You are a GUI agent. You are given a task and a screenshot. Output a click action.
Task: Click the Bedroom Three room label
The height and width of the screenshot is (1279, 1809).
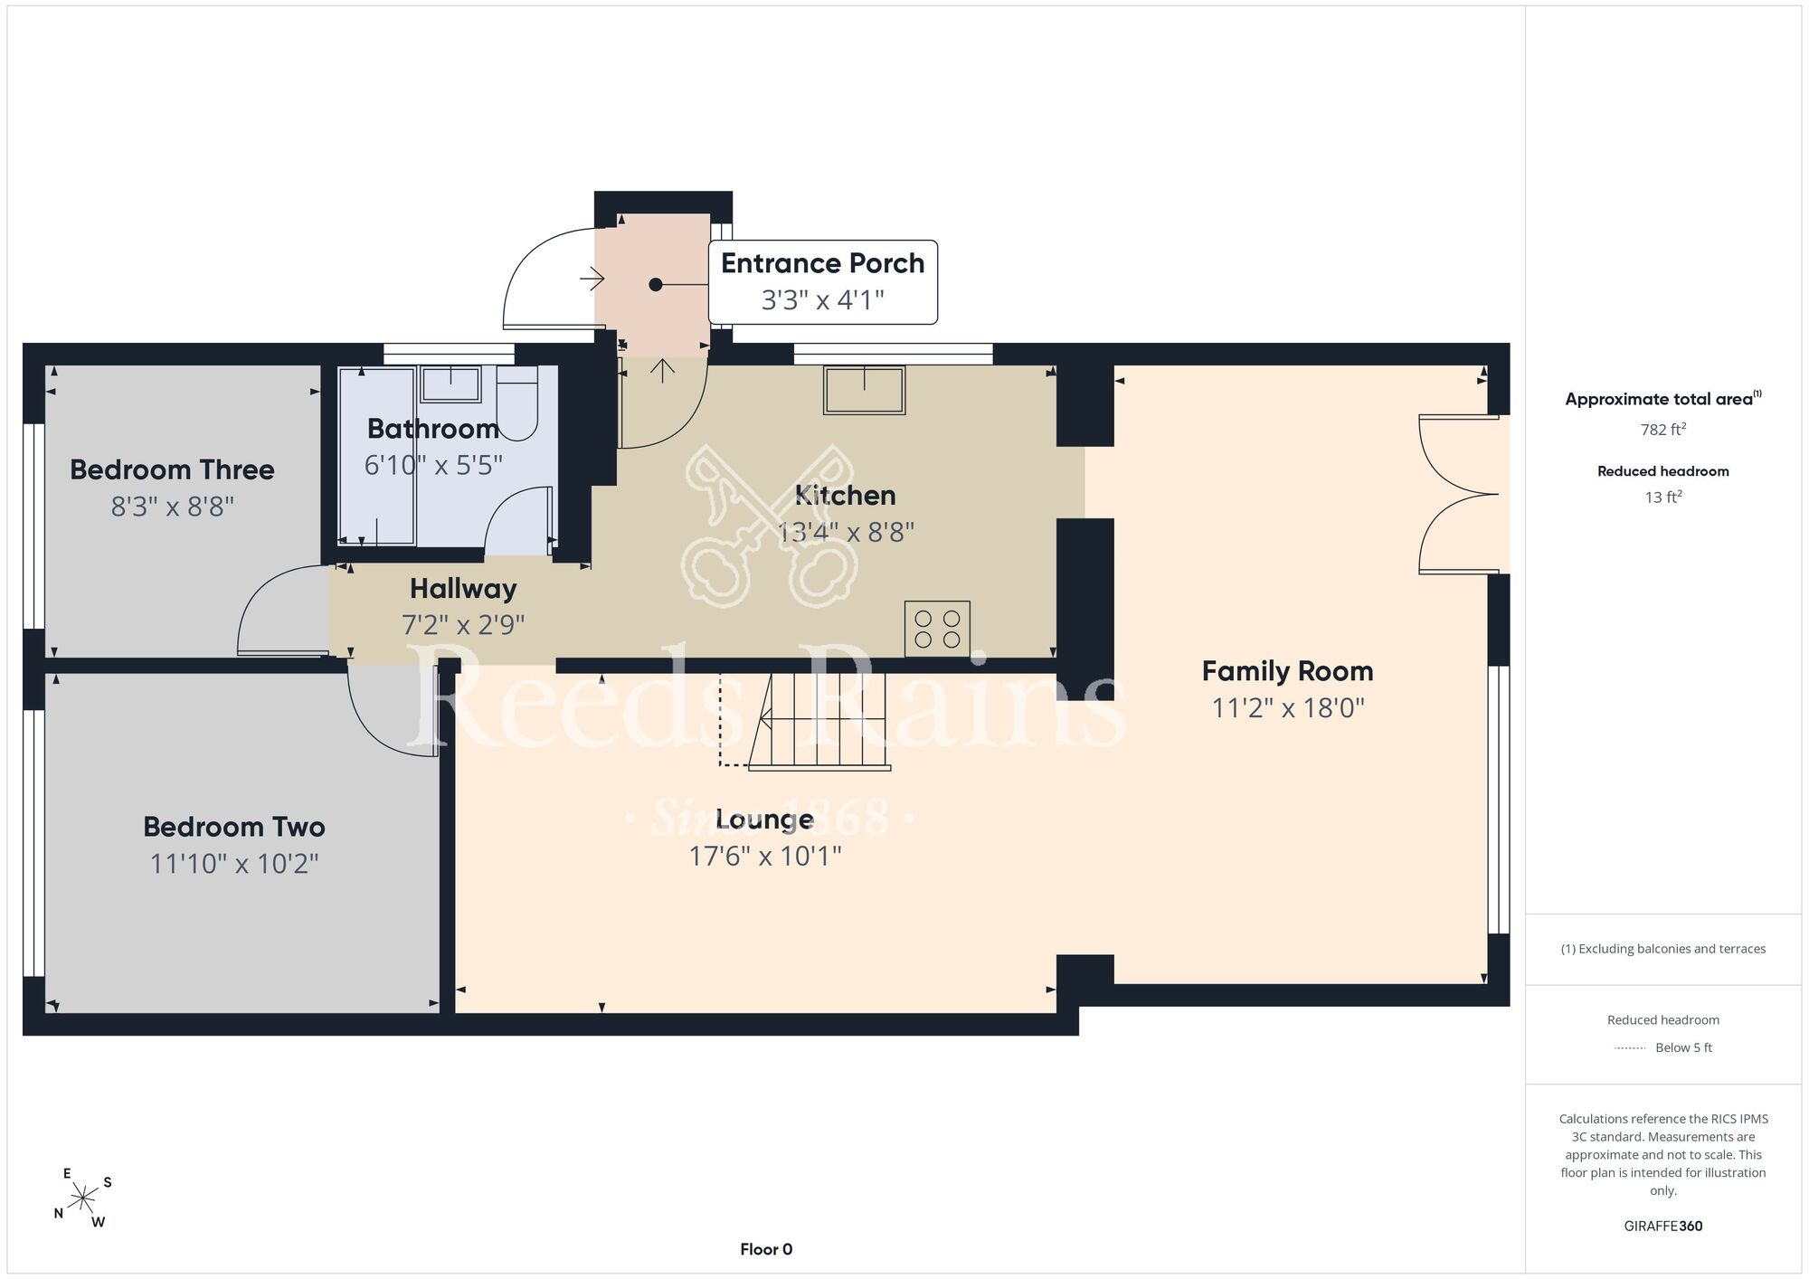point(172,469)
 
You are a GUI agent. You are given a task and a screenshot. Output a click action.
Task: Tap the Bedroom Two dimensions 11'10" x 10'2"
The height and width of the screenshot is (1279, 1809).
point(234,864)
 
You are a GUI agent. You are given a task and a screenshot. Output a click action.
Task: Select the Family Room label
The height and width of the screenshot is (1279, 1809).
point(1287,671)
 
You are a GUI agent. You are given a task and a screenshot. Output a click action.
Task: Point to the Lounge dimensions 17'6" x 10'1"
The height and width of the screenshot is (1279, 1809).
point(765,856)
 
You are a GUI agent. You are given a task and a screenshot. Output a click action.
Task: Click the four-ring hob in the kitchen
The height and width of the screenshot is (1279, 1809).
point(937,629)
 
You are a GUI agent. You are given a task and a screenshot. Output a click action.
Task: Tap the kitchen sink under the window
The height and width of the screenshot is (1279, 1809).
point(864,390)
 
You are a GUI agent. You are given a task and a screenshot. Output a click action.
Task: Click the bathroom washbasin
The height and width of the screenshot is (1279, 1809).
point(450,384)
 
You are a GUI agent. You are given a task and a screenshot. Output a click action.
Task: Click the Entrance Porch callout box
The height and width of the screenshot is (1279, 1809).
point(822,282)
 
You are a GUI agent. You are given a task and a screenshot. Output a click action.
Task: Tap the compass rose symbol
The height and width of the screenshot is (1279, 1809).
point(83,1198)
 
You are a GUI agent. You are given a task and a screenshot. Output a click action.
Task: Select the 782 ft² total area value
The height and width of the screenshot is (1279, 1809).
point(1663,430)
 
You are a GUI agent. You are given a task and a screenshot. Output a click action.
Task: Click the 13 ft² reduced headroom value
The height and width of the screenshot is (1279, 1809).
point(1663,497)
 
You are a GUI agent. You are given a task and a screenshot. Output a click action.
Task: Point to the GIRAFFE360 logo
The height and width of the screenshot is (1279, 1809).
point(1663,1227)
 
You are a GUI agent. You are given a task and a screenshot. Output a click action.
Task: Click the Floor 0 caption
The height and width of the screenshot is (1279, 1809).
point(766,1249)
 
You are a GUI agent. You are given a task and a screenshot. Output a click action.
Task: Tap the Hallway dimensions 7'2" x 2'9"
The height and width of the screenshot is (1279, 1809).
point(463,625)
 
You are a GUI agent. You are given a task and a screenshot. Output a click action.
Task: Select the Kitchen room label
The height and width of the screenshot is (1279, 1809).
point(845,496)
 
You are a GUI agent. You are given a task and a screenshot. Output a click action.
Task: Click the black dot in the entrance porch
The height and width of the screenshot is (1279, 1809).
point(656,285)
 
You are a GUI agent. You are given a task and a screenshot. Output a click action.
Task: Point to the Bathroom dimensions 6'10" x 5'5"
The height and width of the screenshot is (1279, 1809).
point(433,465)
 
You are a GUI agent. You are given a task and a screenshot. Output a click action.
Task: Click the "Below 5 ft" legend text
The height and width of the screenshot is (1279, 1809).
point(1683,1047)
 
